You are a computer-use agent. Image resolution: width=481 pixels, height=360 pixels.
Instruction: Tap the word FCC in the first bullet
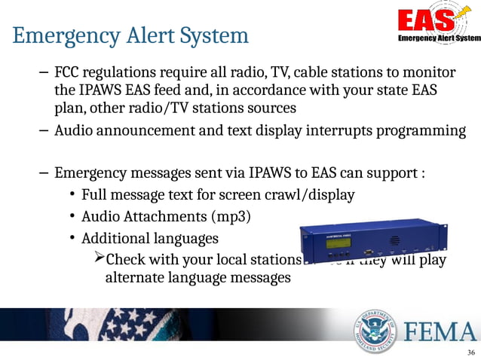pyautogui.click(x=69, y=74)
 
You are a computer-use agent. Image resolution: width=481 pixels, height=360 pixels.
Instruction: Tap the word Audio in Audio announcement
pyautogui.click(x=74, y=131)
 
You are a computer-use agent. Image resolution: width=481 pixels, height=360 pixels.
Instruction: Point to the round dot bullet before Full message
pyautogui.click(x=70, y=197)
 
